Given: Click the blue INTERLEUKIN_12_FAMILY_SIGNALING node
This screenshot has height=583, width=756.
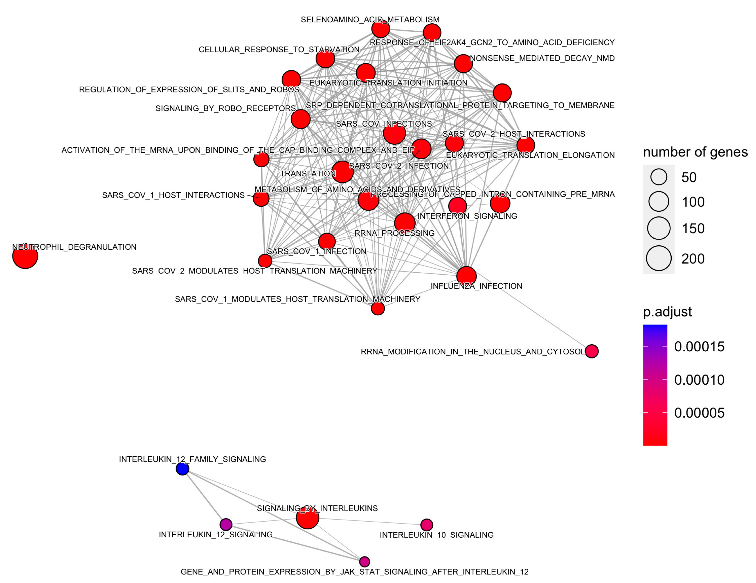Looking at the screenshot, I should click(182, 469).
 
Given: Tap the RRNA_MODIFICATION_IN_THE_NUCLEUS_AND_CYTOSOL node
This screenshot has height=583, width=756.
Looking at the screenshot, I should click(592, 351).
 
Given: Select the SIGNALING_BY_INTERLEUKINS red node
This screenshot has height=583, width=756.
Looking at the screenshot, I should click(307, 518).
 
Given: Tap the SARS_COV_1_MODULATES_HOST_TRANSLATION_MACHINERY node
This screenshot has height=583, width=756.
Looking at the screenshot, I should click(378, 308).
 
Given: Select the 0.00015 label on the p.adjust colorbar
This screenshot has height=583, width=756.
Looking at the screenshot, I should click(699, 347).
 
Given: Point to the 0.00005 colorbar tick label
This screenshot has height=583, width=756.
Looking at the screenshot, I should click(699, 413).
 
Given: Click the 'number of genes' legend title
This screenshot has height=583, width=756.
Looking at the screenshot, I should click(695, 152).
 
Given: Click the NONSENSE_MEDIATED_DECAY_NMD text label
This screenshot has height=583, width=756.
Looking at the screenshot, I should click(542, 58).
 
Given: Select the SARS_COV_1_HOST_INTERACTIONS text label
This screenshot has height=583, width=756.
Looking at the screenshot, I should click(173, 195).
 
